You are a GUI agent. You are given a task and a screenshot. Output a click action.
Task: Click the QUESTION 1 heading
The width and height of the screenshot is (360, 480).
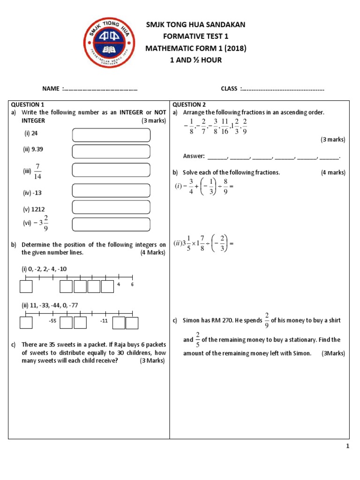pyautogui.click(x=27, y=105)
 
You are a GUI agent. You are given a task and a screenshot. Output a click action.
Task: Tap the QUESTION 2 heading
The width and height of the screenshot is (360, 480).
pyautogui.click(x=189, y=105)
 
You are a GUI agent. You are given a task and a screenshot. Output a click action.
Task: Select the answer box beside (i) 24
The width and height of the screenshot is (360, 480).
pyautogui.click(x=111, y=135)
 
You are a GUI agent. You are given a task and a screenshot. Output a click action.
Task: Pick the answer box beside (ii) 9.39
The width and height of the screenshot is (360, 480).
pyautogui.click(x=111, y=151)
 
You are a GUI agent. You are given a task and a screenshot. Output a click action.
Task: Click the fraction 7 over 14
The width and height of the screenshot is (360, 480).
pyautogui.click(x=38, y=171)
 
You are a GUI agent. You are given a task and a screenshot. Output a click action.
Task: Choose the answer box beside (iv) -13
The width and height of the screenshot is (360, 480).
pyautogui.click(x=111, y=190)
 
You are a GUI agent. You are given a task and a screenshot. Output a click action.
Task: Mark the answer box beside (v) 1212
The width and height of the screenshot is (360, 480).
pyautogui.click(x=111, y=207)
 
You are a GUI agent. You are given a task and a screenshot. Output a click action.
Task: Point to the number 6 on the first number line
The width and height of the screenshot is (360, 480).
pyautogui.click(x=132, y=285)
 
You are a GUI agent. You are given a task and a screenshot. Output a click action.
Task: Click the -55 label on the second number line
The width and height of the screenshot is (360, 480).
pyautogui.click(x=52, y=321)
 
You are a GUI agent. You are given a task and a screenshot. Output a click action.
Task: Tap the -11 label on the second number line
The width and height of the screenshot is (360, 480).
pyautogui.click(x=104, y=321)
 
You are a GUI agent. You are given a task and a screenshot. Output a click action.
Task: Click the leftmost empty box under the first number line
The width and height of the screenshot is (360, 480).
pyautogui.click(x=26, y=286)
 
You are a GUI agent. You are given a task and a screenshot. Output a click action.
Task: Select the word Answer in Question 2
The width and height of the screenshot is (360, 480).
pyautogui.click(x=194, y=156)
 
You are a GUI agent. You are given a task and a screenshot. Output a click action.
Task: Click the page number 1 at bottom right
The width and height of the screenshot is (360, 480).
pyautogui.click(x=348, y=447)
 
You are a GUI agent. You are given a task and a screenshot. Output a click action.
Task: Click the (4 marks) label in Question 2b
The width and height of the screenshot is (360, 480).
pyautogui.click(x=333, y=172)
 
